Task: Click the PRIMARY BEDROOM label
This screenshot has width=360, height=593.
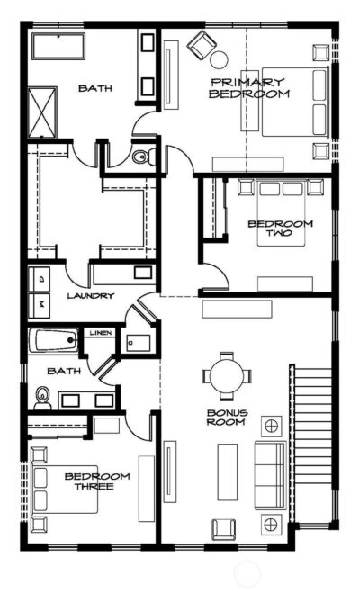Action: click(249, 88)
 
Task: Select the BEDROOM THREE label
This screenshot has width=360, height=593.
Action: click(97, 481)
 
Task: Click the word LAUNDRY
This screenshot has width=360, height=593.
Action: click(90, 295)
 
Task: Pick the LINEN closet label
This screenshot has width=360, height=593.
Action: click(98, 334)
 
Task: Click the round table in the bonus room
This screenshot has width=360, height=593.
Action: click(221, 378)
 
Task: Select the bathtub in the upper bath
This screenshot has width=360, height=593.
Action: click(58, 46)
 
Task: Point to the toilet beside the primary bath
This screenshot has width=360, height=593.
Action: click(141, 158)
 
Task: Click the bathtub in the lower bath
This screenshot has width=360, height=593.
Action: click(54, 341)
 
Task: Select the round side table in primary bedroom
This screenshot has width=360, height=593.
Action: click(219, 60)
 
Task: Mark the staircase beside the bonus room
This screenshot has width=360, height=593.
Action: click(309, 445)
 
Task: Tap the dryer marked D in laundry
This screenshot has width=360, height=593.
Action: click(39, 278)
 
